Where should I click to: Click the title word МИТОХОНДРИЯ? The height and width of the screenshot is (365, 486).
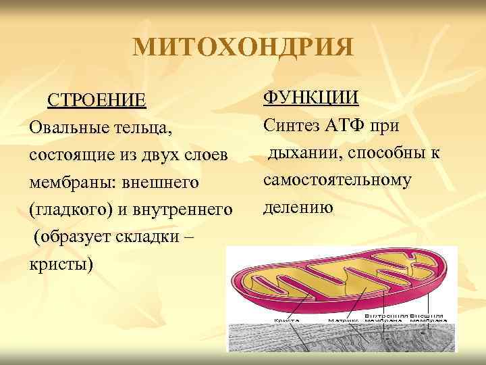(243, 47)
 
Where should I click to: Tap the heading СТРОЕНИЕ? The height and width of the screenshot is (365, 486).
(96, 101)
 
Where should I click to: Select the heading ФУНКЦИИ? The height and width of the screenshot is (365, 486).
(311, 99)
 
